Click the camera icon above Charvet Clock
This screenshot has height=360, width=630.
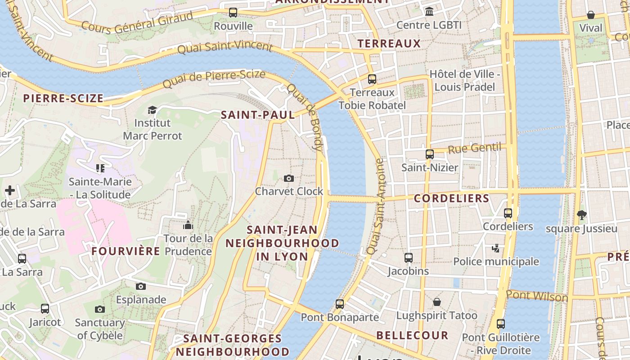point(289,179)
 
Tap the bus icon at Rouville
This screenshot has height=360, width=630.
point(233,13)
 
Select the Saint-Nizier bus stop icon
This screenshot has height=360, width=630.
point(430,154)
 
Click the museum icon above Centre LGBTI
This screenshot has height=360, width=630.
point(429,11)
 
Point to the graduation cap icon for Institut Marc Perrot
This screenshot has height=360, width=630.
point(153,110)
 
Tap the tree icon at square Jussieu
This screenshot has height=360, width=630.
point(581,215)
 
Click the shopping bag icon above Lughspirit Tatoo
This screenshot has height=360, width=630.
point(436,302)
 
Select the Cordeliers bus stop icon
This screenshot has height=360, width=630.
point(508,213)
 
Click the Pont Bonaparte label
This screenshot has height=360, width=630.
point(340,317)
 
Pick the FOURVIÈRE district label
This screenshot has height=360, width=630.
point(126,251)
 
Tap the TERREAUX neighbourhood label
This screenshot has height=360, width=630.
point(389,44)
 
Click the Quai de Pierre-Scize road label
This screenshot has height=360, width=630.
point(214,79)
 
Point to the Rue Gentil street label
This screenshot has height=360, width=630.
point(475,148)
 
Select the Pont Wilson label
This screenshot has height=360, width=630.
point(537,296)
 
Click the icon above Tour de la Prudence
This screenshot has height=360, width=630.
point(188,225)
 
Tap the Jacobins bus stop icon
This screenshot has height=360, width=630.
point(409,258)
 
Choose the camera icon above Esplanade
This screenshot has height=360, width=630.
point(141,287)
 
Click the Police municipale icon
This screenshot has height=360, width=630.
point(496,248)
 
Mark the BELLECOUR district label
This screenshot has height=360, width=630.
point(412,335)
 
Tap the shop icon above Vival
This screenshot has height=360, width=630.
point(591,15)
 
